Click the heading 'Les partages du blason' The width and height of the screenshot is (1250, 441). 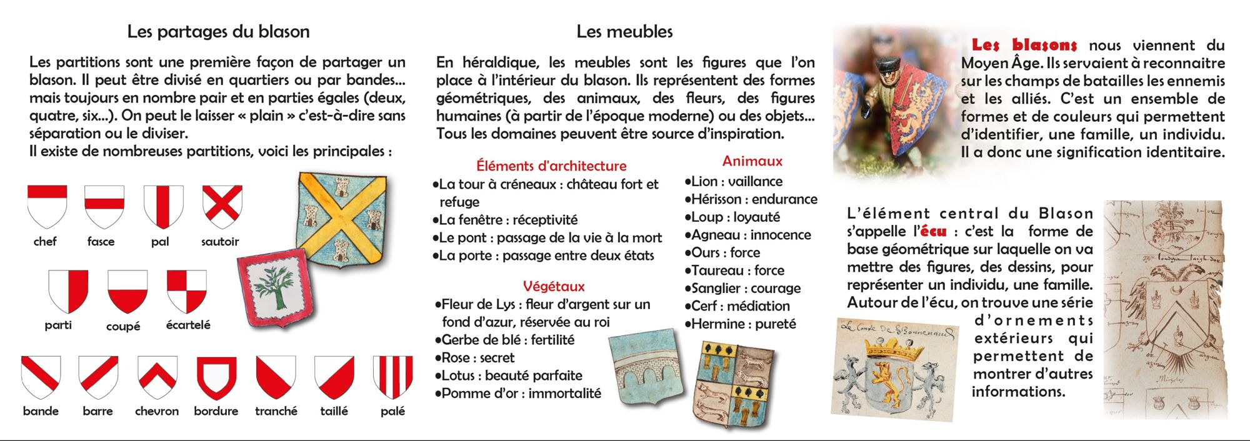click(218, 32)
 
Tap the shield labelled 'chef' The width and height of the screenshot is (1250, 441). click(47, 206)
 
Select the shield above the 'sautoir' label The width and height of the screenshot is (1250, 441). click(222, 206)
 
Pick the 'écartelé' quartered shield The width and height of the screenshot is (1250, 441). click(187, 291)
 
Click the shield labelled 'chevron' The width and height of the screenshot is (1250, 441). click(157, 377)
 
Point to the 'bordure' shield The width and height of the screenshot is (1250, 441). click(216, 377)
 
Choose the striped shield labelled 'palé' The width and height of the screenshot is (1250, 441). click(392, 377)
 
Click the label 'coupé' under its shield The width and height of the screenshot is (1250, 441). click(123, 326)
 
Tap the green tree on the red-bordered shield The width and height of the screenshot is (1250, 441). click(274, 288)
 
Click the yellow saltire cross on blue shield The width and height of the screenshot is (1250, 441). click(341, 219)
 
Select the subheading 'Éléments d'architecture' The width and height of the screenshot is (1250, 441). click(551, 166)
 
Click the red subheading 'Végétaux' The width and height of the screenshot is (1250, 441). click(554, 287)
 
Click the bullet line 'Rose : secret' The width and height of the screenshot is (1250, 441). click(477, 358)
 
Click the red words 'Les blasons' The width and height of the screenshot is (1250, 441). click(1024, 45)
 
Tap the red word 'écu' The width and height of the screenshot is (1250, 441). click(933, 232)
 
